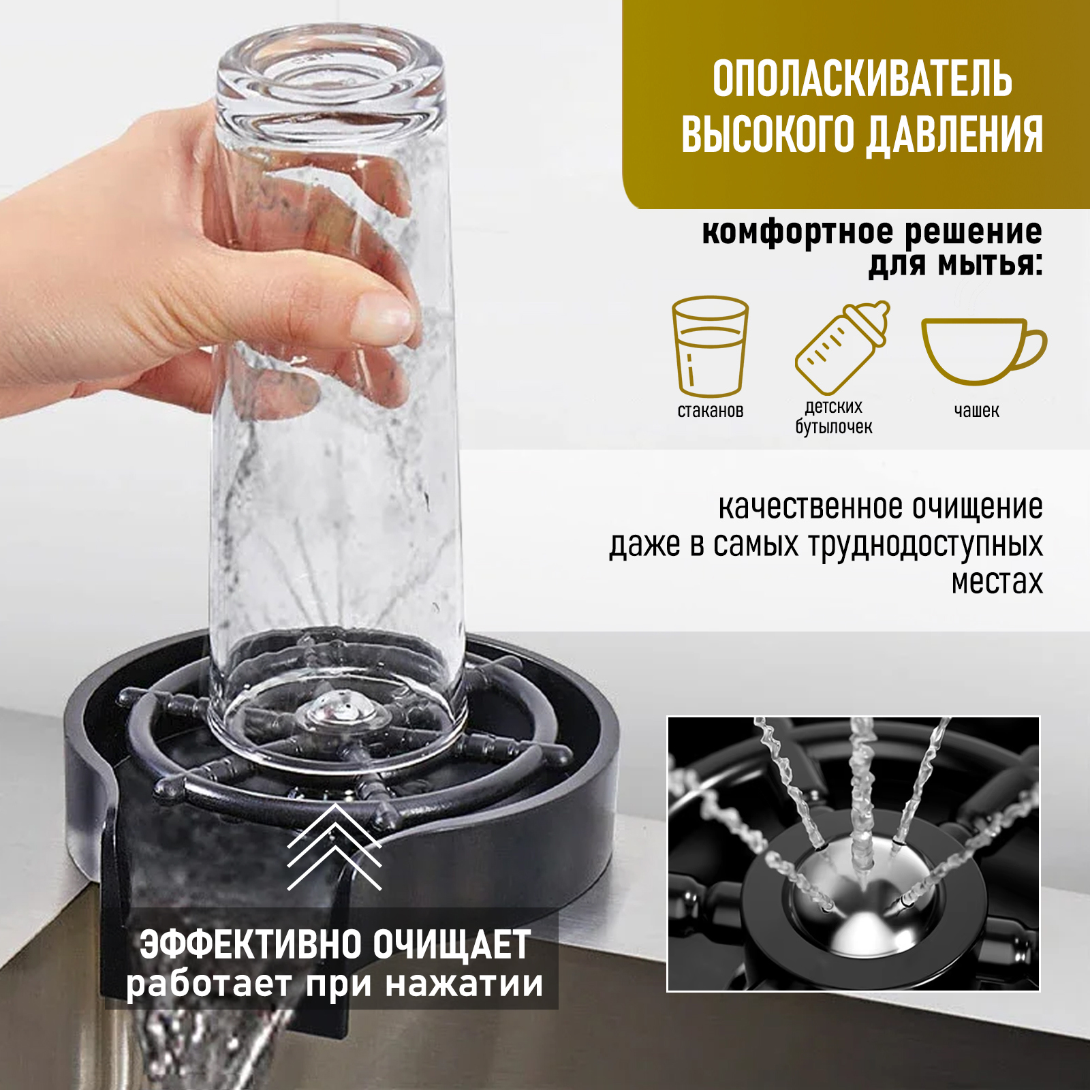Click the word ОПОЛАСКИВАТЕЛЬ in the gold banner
coord(862,80)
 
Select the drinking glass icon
coord(710,345)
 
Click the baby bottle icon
coord(841,347)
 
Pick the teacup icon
coord(982,349)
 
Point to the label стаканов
coord(710,411)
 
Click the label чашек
coord(976,411)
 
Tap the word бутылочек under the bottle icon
coord(833,427)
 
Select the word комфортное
coord(797,232)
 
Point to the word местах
coord(997,582)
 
